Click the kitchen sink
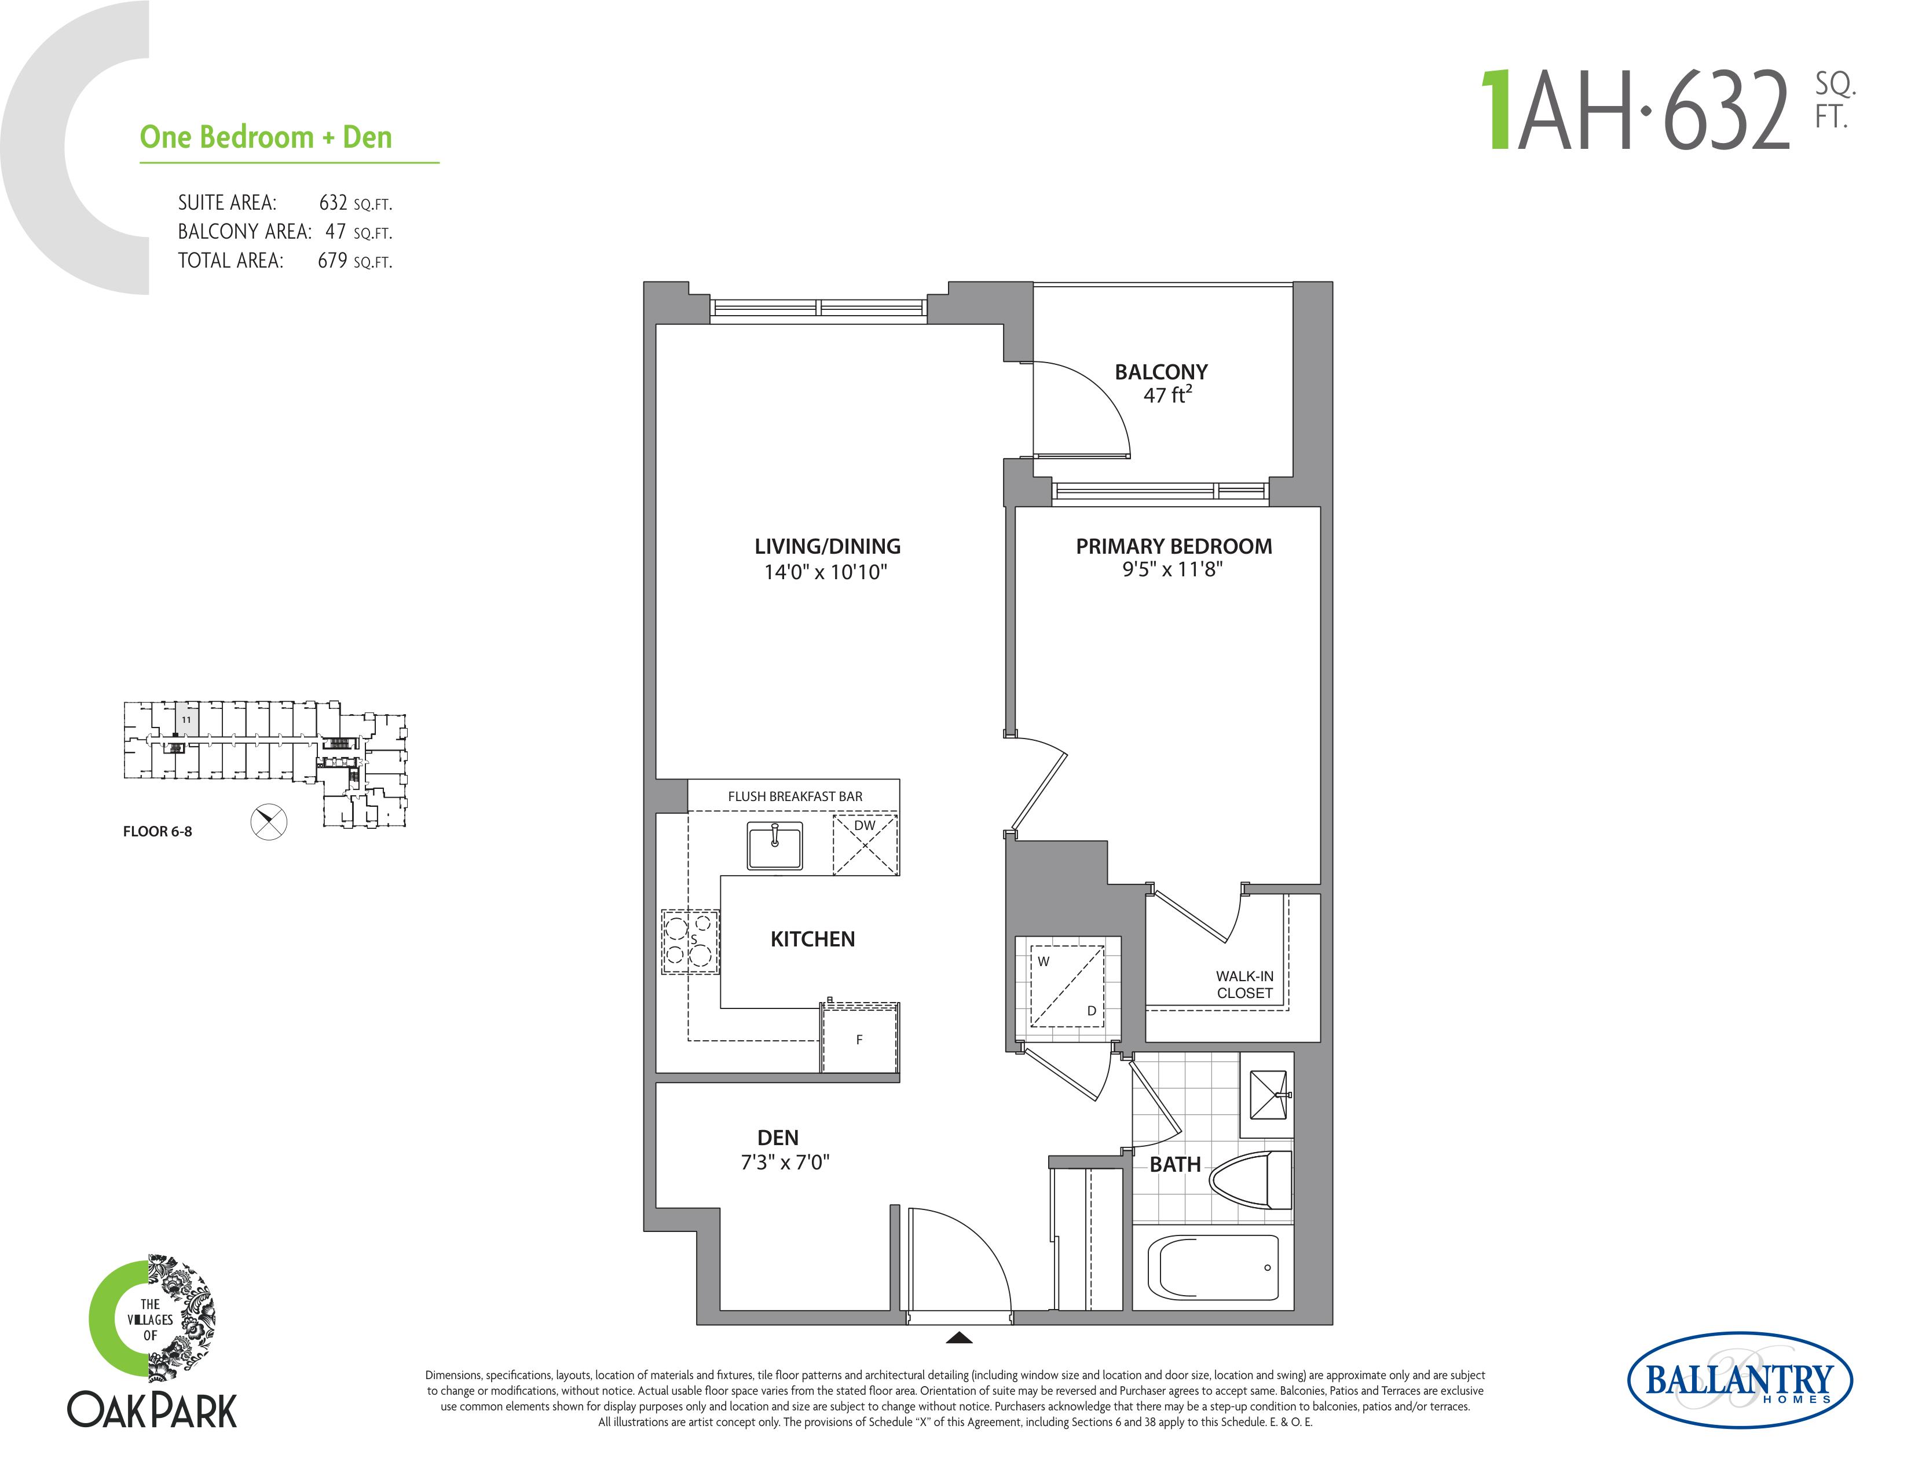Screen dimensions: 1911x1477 tap(774, 845)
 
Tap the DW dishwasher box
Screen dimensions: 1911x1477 tap(865, 844)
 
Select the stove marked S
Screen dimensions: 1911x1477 tap(690, 941)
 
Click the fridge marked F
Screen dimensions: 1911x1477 tap(859, 1038)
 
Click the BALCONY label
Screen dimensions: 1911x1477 tap(1161, 372)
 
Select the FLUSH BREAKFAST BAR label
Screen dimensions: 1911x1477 tap(795, 796)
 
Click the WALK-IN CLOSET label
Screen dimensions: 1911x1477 tap(1244, 984)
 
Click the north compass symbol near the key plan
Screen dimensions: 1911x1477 tap(269, 822)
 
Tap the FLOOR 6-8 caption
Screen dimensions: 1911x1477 tap(158, 831)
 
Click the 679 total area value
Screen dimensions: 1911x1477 tap(332, 260)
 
